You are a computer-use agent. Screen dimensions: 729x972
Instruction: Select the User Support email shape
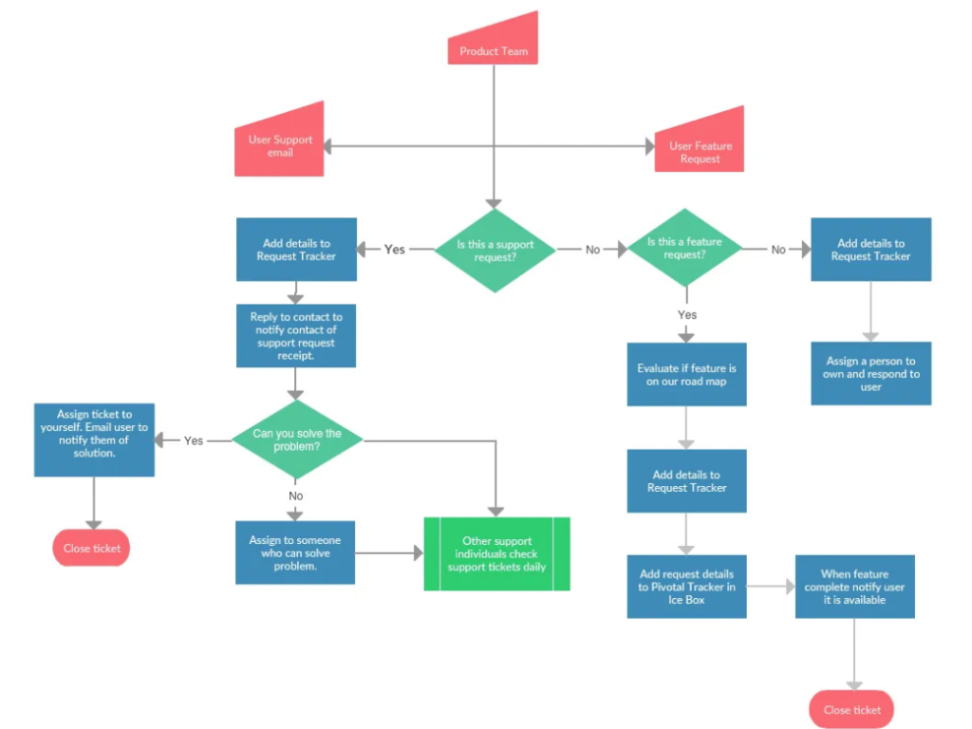coord(280,145)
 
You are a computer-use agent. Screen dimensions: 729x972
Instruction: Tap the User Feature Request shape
coord(700,150)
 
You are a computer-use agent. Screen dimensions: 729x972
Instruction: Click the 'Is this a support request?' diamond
coord(495,251)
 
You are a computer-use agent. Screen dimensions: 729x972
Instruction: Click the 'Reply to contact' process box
coord(296,336)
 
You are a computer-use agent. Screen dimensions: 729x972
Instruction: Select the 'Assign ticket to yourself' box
coord(94,439)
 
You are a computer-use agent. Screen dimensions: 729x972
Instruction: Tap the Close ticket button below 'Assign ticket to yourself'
coord(91,548)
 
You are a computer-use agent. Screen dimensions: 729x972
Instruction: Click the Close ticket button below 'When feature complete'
coord(851,709)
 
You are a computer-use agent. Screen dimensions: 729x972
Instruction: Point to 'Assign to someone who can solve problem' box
coord(295,552)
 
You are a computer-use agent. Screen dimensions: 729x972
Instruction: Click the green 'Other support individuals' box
coord(496,553)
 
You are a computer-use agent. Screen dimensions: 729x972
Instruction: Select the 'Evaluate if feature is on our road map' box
coord(686,374)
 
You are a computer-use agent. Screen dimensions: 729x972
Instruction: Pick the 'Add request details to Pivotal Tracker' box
coord(686,587)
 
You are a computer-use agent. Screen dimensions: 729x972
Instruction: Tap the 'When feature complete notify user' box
coord(854,587)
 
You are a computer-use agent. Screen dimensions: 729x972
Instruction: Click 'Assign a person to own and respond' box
coord(870,373)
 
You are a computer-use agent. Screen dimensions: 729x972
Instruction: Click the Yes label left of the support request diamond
coord(395,250)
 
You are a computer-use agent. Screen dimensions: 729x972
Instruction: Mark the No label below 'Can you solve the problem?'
coord(296,495)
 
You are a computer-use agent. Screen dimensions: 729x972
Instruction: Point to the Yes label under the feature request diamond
coord(686,314)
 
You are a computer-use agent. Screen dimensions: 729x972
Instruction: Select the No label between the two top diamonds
coord(592,250)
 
